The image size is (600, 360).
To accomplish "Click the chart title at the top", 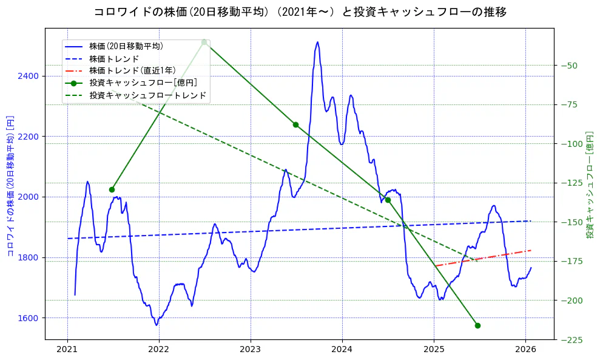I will (300, 12).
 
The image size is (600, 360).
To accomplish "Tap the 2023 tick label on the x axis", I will (250, 350).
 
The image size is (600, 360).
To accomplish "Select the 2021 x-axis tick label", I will (67, 350).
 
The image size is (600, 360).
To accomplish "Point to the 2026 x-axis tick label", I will (525, 350).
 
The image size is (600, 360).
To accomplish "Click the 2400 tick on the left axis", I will (29, 76).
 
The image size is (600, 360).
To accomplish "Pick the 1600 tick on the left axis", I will (29, 318).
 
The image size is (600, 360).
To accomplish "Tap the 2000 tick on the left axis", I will (29, 197).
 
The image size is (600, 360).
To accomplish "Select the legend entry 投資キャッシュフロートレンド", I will (147, 95).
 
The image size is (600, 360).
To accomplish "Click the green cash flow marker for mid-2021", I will (112, 189).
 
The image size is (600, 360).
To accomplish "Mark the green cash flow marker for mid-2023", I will (295, 124).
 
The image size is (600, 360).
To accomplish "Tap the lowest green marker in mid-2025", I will (477, 325).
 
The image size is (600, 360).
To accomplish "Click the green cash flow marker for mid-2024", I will (388, 200).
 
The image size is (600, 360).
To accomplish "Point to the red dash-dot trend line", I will (485, 258).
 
